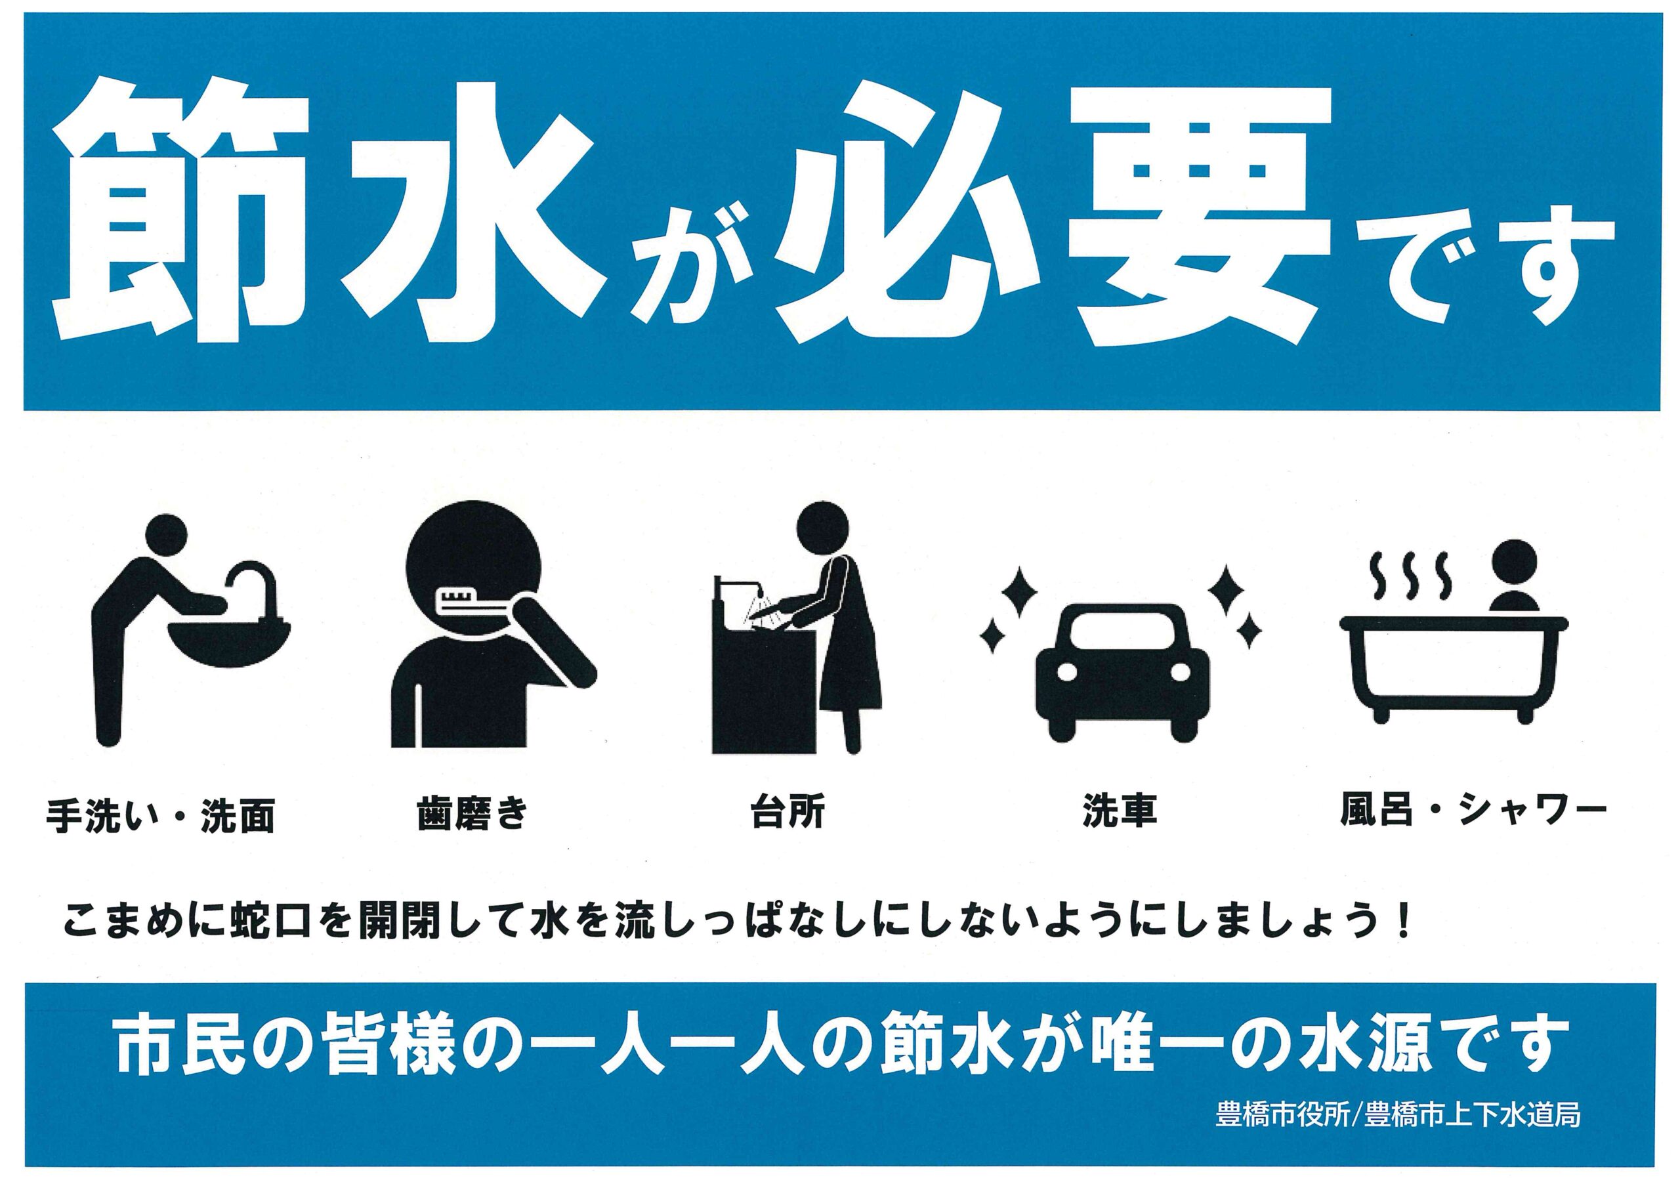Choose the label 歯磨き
472,814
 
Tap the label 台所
788,812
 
